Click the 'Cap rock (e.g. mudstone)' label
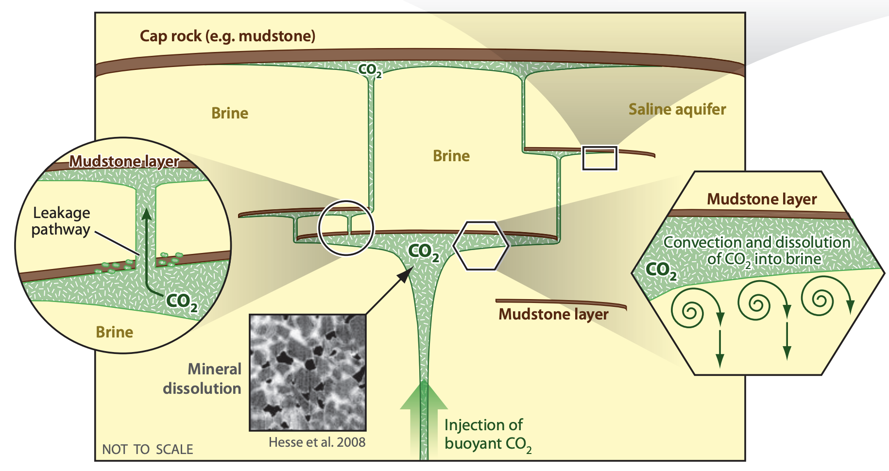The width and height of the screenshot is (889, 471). (x=227, y=36)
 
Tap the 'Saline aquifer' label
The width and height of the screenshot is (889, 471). (x=677, y=110)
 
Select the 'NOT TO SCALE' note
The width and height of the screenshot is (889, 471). (x=147, y=449)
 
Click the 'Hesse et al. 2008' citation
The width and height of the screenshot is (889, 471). (x=317, y=442)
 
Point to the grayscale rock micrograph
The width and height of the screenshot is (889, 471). (x=308, y=372)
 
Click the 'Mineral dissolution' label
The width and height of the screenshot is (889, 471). (x=203, y=379)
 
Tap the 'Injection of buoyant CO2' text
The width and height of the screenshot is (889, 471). (x=487, y=434)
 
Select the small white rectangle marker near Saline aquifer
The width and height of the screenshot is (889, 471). (x=599, y=158)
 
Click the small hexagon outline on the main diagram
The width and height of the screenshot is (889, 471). (x=480, y=245)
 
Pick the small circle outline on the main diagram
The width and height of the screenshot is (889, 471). (x=346, y=227)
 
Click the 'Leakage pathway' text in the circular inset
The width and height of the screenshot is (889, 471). (x=61, y=221)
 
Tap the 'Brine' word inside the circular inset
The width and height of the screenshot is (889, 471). (x=114, y=332)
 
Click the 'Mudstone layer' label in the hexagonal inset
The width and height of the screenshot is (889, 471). (x=761, y=199)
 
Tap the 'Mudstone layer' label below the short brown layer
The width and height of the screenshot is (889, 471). (x=553, y=314)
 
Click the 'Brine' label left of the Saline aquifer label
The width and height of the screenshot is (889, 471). (x=451, y=156)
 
